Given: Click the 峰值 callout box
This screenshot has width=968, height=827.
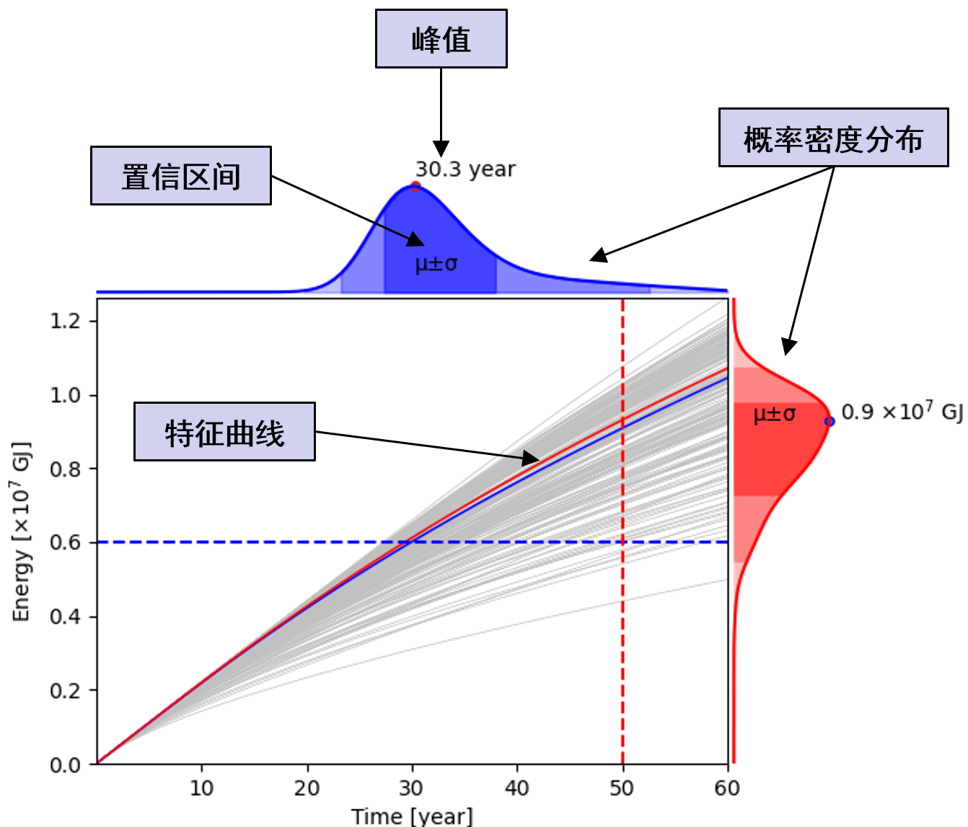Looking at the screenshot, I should (x=441, y=39).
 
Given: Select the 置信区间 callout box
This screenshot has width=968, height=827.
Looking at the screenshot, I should (x=180, y=176).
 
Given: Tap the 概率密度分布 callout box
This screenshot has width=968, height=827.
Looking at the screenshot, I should (x=833, y=138).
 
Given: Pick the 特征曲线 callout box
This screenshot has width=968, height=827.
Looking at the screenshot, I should (x=224, y=432).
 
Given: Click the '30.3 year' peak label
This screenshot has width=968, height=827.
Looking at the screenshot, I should (x=465, y=169).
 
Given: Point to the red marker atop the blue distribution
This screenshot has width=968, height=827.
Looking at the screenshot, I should (x=415, y=186).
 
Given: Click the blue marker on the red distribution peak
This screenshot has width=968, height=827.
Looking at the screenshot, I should (x=830, y=421).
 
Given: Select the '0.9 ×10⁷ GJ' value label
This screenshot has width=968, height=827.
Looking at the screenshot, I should (x=902, y=412).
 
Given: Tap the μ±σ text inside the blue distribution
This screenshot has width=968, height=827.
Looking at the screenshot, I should (x=436, y=264).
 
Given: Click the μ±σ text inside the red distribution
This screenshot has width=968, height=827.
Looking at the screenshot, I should (x=774, y=415).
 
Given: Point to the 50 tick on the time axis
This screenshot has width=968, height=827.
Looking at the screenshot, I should (x=622, y=787).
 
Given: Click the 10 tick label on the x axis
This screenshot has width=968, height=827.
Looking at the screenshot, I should (x=201, y=787).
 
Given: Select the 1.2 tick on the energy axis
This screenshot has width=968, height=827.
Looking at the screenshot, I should (x=65, y=321).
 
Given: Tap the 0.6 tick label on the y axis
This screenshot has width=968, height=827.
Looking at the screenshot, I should (x=65, y=542).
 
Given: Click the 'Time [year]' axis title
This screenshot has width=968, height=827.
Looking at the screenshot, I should (x=412, y=816).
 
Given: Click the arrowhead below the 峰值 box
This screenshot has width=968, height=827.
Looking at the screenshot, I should (x=441, y=149).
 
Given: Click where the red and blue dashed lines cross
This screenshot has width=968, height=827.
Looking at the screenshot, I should (x=622, y=542).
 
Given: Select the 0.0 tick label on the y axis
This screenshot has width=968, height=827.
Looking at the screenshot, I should (x=65, y=764).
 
